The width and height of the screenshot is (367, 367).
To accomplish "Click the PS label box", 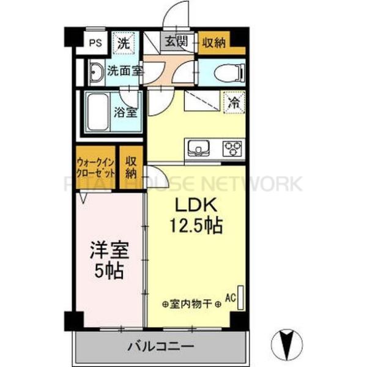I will click(94, 43).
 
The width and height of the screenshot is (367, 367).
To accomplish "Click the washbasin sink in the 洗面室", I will click(96, 72).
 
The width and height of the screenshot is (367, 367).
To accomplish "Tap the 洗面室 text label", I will click(125, 71).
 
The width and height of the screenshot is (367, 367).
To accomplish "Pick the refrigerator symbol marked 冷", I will click(233, 101).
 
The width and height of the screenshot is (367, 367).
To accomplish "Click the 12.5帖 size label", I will click(195, 226).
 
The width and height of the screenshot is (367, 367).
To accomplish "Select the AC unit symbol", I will click(240, 298).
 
